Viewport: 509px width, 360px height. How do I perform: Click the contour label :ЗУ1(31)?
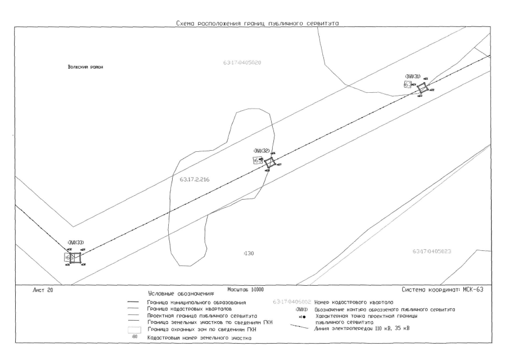coord(413,76)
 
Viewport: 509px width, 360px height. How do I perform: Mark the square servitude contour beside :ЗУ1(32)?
coord(270,163)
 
